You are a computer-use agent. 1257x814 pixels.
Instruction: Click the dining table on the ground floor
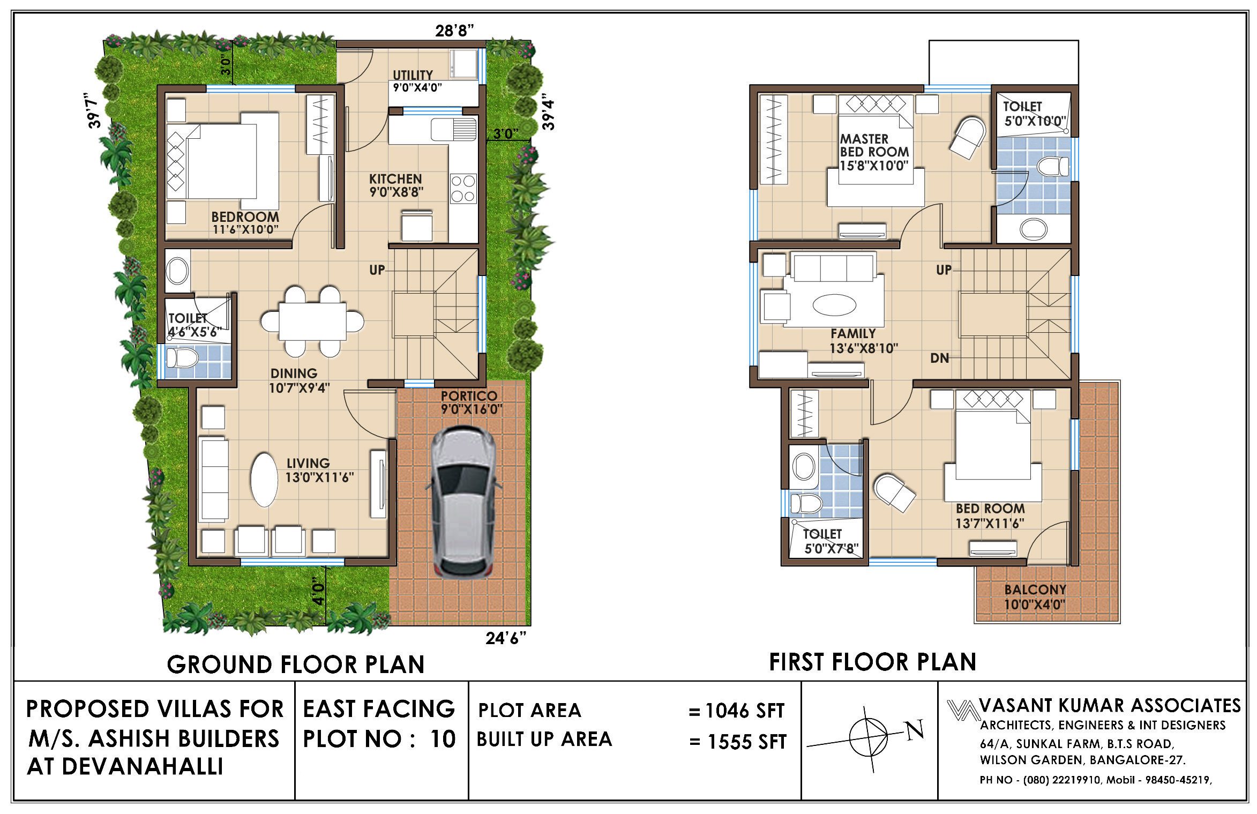click(312, 322)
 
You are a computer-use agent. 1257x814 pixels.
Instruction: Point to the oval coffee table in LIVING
click(264, 480)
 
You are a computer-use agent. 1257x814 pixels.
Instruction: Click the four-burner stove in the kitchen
click(463, 189)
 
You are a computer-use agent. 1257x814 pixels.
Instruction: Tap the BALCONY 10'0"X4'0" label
click(1035, 597)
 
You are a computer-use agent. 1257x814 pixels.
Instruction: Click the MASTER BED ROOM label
click(874, 145)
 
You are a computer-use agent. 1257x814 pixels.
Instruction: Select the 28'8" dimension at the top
click(454, 31)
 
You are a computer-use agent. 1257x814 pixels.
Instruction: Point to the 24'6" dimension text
click(506, 638)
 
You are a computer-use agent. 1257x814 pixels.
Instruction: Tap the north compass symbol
click(869, 738)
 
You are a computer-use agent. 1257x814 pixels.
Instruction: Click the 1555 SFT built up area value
click(747, 742)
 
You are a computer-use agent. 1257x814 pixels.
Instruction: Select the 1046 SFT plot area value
click(745, 711)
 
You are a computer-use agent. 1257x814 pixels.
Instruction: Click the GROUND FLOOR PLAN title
click(296, 664)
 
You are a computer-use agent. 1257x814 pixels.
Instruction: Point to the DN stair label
click(940, 358)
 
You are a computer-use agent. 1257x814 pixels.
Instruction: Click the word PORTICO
click(469, 396)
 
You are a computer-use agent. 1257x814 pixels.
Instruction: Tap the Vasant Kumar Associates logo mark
click(962, 710)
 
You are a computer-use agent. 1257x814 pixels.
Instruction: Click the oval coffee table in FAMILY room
click(834, 305)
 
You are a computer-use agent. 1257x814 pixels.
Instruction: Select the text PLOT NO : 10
click(379, 739)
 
